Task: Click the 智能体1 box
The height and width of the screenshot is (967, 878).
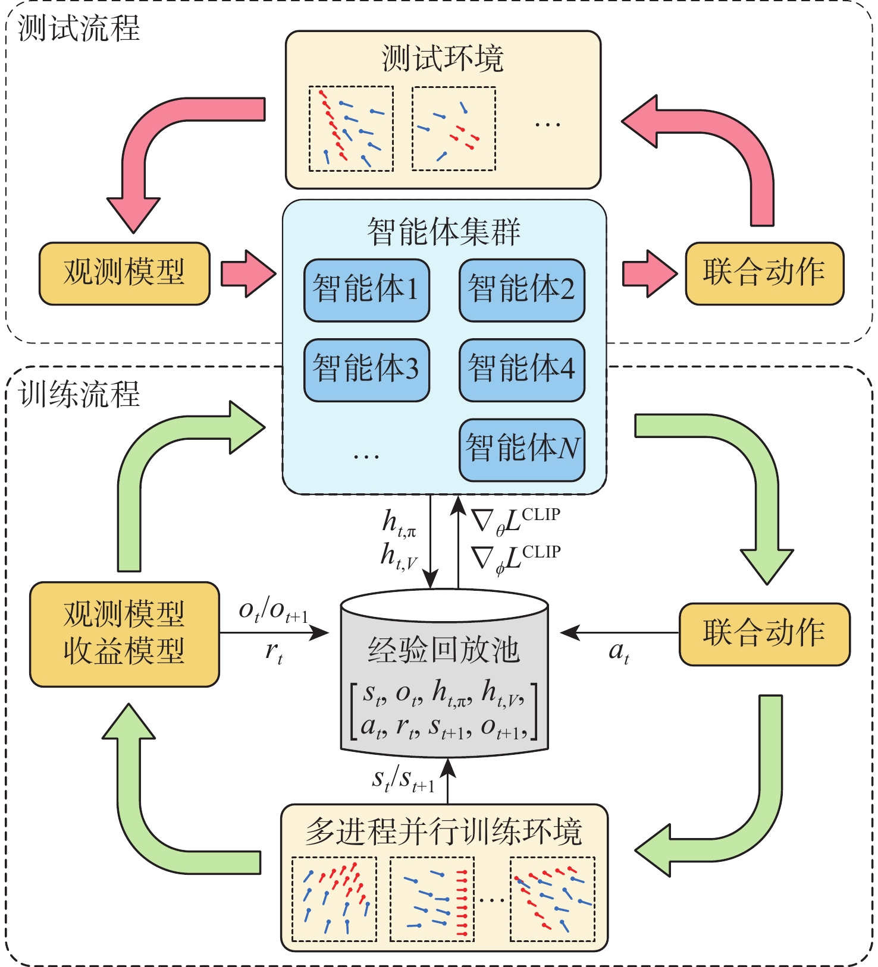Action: pyautogui.click(x=366, y=290)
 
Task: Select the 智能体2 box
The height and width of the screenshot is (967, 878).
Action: pyautogui.click(x=522, y=290)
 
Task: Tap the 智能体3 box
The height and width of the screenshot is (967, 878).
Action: pyautogui.click(x=366, y=370)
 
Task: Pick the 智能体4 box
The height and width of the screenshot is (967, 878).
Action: pyautogui.click(x=522, y=370)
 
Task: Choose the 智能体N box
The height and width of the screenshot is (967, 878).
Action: pyautogui.click(x=522, y=449)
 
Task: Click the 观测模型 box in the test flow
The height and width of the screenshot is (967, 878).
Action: pyautogui.click(x=124, y=273)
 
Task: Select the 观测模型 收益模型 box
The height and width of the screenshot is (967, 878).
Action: pyautogui.click(x=124, y=634)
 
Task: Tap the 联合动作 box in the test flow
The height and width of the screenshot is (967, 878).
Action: pyautogui.click(x=764, y=273)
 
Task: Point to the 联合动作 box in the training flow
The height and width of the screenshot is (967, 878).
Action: pyautogui.click(x=764, y=634)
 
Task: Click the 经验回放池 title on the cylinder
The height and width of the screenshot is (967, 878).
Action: pyautogui.click(x=444, y=650)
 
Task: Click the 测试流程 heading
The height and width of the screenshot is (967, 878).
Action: pyautogui.click(x=79, y=28)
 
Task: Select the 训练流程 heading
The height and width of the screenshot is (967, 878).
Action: pyautogui.click(x=79, y=394)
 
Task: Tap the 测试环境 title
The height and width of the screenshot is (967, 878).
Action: pyautogui.click(x=443, y=59)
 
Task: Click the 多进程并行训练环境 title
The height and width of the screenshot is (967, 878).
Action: pyautogui.click(x=444, y=832)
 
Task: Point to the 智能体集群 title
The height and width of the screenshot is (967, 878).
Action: pyautogui.click(x=444, y=232)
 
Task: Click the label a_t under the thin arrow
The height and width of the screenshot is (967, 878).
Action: pyautogui.click(x=619, y=652)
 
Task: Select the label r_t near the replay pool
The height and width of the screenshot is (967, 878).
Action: pyautogui.click(x=274, y=652)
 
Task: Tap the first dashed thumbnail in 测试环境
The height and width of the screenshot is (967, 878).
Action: pyautogui.click(x=351, y=129)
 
